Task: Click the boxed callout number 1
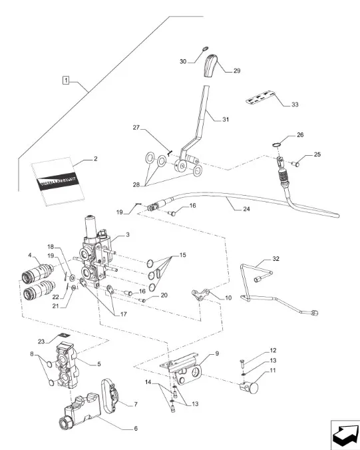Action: click(x=66, y=80)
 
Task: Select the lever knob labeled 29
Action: click(x=211, y=65)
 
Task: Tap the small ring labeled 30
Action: click(x=205, y=49)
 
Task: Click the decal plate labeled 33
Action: click(x=260, y=98)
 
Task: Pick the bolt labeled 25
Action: click(x=295, y=164)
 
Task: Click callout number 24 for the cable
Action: click(x=246, y=209)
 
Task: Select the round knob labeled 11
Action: click(x=250, y=388)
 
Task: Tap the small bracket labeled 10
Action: click(x=201, y=295)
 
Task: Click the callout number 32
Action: click(x=275, y=258)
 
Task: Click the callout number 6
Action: click(x=136, y=429)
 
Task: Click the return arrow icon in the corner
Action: click(x=345, y=435)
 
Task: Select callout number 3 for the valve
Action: click(x=128, y=234)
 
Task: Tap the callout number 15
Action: click(x=183, y=255)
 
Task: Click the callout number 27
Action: click(x=136, y=127)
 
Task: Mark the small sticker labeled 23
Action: click(x=65, y=336)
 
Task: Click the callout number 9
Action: click(x=217, y=353)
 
